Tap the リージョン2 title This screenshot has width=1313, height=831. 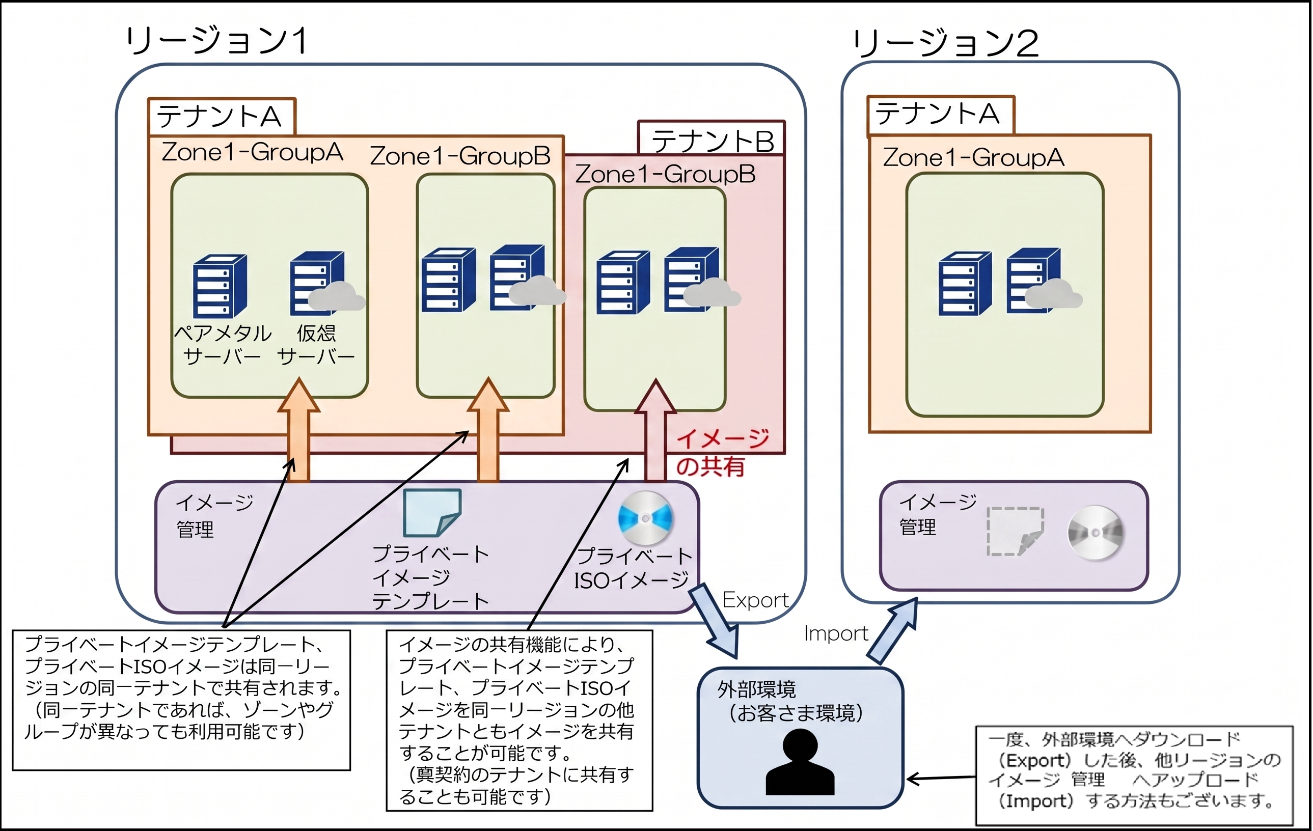point(945,43)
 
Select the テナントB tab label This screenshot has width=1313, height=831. point(713,141)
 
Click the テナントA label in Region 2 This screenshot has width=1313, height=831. point(937,114)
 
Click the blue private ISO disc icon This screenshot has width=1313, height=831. point(645,518)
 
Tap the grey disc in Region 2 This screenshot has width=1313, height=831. point(1095,532)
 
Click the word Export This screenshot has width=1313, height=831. point(755,600)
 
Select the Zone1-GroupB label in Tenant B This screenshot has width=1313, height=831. point(665,175)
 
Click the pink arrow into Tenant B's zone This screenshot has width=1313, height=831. point(655,431)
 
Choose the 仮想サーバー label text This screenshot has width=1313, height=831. point(316,345)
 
